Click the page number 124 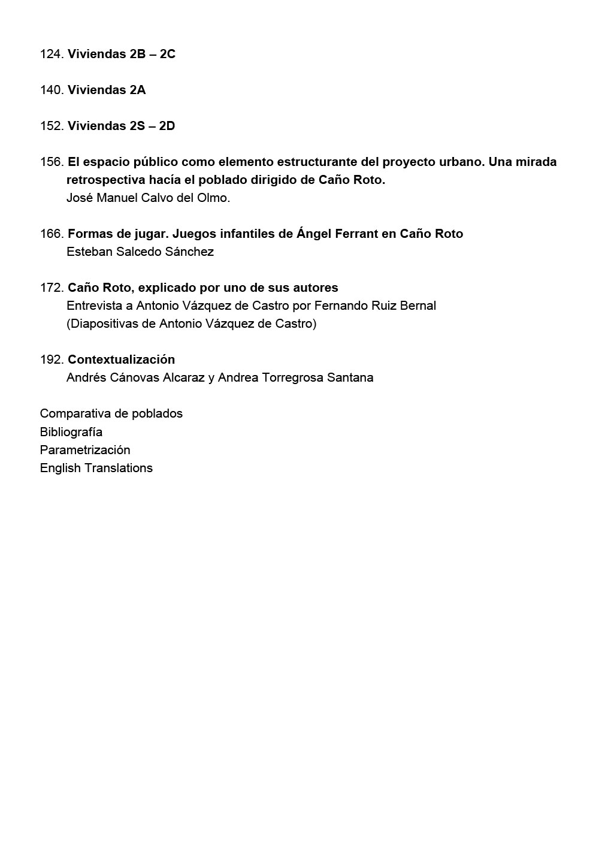pyautogui.click(x=52, y=54)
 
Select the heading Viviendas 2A pyautogui.click(x=107, y=90)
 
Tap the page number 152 pyautogui.click(x=52, y=126)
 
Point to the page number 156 pyautogui.click(x=52, y=162)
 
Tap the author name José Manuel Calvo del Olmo pyautogui.click(x=148, y=198)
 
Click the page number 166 pyautogui.click(x=52, y=234)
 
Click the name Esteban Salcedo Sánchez pyautogui.click(x=140, y=252)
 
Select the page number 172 pyautogui.click(x=52, y=288)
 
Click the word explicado pyautogui.click(x=167, y=288)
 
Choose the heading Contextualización pyautogui.click(x=121, y=359)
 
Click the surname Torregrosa pyautogui.click(x=293, y=377)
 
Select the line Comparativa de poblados pyautogui.click(x=111, y=413)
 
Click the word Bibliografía pyautogui.click(x=71, y=432)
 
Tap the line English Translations pyautogui.click(x=96, y=468)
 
